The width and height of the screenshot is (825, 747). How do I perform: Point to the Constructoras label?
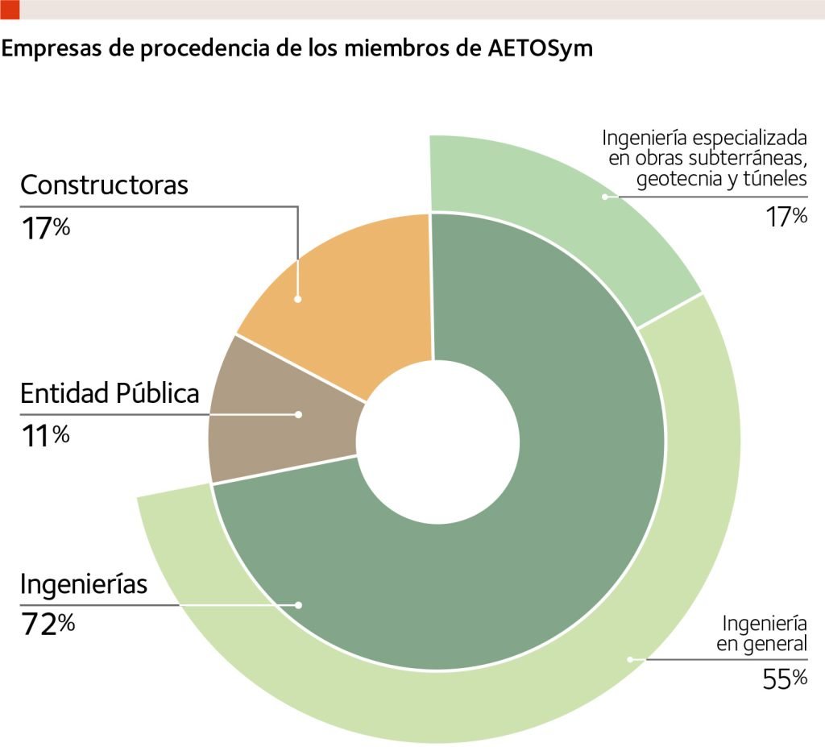click(104, 185)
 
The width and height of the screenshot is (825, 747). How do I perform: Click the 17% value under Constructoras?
click(45, 228)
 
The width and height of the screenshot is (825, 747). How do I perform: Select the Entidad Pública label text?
click(110, 393)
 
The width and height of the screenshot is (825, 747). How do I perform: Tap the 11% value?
click(45, 436)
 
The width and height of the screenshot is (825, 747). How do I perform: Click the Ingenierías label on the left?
click(84, 583)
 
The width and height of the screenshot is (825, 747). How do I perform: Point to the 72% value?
click(47, 625)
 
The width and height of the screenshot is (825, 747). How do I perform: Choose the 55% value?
click(785, 679)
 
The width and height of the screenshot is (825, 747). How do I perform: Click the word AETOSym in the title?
click(541, 48)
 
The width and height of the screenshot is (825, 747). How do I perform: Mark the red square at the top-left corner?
click(10, 9)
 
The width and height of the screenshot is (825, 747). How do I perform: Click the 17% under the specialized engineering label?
click(786, 217)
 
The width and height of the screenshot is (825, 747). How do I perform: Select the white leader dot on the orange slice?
click(298, 299)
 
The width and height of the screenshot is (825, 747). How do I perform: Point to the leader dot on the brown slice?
click(298, 414)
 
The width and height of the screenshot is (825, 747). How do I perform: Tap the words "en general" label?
click(761, 643)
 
